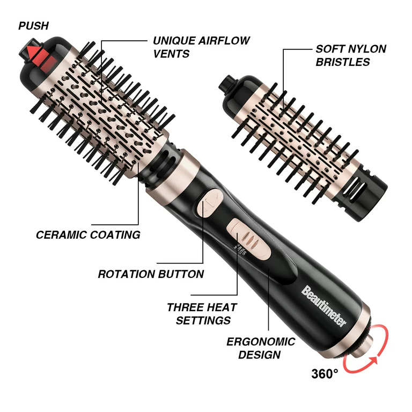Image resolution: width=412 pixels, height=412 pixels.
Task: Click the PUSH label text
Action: click(x=33, y=26)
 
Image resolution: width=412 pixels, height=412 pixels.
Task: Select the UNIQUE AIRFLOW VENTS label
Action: click(x=194, y=47)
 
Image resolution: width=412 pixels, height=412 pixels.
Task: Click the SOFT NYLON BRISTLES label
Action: click(x=350, y=55)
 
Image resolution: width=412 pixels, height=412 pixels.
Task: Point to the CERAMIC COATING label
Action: click(x=88, y=235)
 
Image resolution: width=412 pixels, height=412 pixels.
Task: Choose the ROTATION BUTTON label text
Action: click(x=151, y=274)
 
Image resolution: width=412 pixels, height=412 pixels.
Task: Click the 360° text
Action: click(x=325, y=373)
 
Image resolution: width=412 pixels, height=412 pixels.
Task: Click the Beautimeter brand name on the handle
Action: click(x=322, y=306)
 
